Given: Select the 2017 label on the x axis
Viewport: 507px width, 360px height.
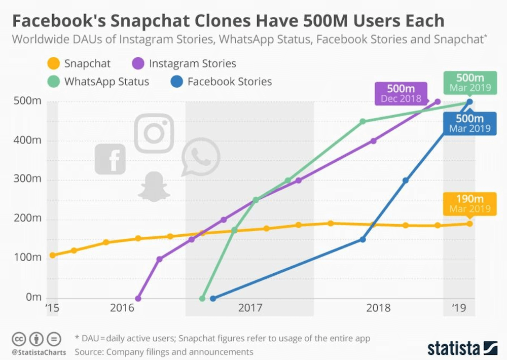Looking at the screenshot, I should pos(249,308).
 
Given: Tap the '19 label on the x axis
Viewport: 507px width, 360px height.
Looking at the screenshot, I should pos(459,308).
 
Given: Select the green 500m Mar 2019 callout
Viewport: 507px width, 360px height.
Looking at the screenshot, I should pos(469,83).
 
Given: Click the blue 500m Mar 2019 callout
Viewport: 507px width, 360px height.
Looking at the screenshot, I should pos(469,123).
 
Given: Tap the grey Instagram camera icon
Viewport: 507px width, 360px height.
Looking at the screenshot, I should pos(154,133).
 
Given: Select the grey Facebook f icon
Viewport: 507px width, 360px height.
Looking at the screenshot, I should pos(111,158).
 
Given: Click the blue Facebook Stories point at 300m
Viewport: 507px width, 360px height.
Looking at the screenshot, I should pos(406,181).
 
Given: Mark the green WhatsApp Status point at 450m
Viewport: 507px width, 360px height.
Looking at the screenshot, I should pos(363,121).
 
